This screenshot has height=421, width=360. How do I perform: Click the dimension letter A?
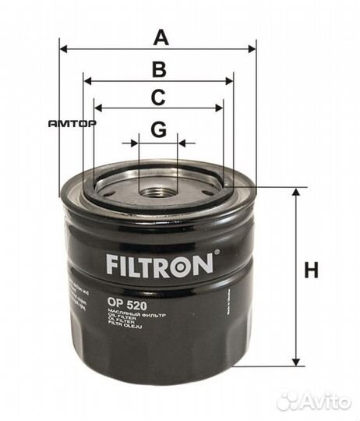coord(161,37)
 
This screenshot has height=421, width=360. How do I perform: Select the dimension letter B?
coord(158,69)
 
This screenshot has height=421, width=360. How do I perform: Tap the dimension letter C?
coord(158,97)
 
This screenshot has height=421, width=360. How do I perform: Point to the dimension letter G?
coord(158,129)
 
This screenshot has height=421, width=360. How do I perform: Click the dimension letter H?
coord(311,271)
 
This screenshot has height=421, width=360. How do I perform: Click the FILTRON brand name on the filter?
coord(159,264)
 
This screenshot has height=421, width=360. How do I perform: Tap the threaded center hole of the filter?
coord(158,189)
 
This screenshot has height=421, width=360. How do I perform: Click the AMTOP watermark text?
coord(72,123)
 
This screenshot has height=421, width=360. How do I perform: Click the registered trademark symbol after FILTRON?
coord(217,253)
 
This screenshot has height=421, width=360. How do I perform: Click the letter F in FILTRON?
coord(111,264)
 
